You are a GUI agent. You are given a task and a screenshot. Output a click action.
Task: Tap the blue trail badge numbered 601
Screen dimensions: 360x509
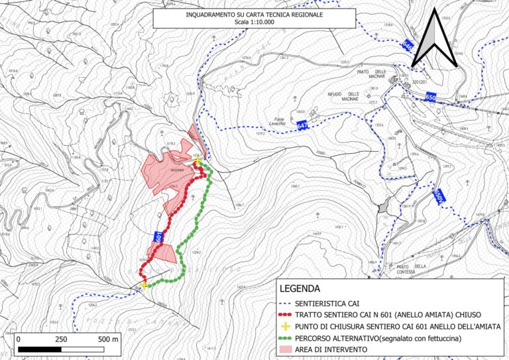[159, 237]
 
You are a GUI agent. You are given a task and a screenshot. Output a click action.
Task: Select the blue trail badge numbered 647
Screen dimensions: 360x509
[303, 125]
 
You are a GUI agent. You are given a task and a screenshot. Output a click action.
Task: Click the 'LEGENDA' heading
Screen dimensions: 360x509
[300, 289]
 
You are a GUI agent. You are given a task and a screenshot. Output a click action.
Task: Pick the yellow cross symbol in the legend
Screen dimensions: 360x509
[286, 327]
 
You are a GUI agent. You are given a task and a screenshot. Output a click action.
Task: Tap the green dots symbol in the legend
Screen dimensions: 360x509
[286, 338]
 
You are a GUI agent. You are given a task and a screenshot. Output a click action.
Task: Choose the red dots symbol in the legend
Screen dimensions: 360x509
[286, 314]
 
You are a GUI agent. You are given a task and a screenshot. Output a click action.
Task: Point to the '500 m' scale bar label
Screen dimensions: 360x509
[108, 339]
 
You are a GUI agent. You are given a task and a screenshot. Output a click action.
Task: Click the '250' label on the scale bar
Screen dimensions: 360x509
[60, 339]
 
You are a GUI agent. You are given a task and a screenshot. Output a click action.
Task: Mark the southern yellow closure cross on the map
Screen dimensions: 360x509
[144, 286]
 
